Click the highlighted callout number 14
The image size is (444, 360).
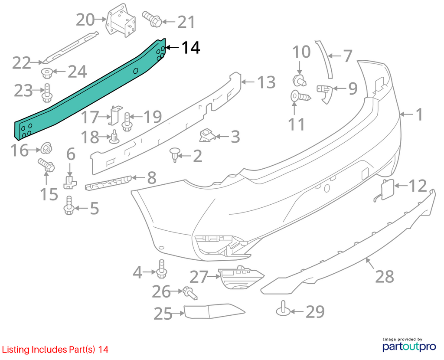tap(191, 48)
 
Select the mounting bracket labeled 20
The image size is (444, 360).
tap(121, 20)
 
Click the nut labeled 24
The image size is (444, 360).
tap(46, 73)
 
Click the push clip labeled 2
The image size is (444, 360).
tap(175, 154)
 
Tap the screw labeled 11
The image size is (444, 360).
tap(301, 97)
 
